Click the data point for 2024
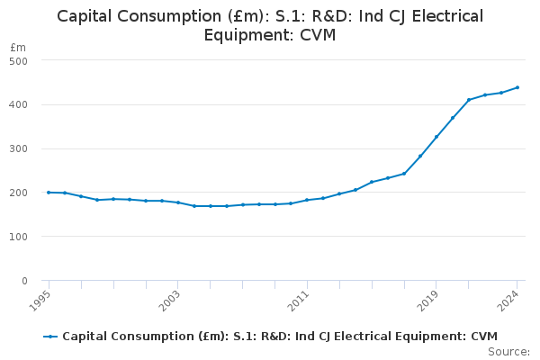click(x=517, y=87)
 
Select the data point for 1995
click(x=49, y=192)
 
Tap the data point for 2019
click(x=436, y=137)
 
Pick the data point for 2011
click(x=307, y=200)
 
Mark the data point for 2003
click(x=178, y=202)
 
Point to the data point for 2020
click(x=453, y=118)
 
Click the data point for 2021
click(x=469, y=100)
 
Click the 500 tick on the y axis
click(x=19, y=60)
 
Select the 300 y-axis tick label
click(x=19, y=148)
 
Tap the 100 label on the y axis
click(x=19, y=237)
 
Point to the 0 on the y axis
click(x=24, y=281)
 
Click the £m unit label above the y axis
click(x=18, y=47)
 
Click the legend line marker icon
click(x=50, y=336)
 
